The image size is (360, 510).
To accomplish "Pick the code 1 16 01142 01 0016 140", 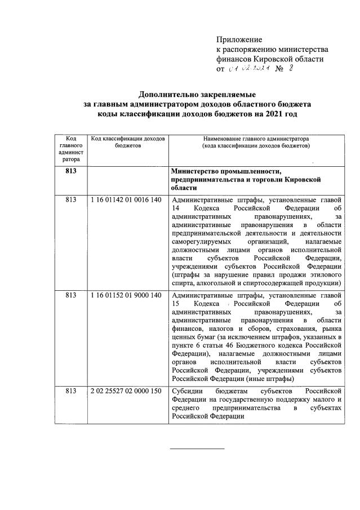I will pos(126,200).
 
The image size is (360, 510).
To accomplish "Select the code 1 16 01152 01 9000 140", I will pos(126,295).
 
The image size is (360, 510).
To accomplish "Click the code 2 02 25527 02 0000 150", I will pos(126,390).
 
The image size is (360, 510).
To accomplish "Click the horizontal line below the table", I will pos(197,448).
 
